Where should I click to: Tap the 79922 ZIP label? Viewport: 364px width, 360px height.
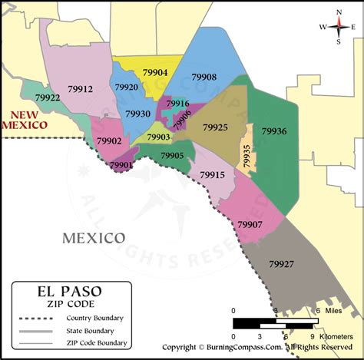point(48,98)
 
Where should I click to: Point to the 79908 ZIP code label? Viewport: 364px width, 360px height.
point(204,78)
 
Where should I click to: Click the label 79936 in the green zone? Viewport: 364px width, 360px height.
point(274,131)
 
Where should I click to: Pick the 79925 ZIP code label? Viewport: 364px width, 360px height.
point(215,127)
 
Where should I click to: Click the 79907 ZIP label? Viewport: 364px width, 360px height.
point(250,224)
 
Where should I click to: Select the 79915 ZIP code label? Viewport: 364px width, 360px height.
point(211,175)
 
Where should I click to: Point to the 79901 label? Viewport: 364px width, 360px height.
point(121,164)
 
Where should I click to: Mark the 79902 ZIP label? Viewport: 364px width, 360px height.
point(109,141)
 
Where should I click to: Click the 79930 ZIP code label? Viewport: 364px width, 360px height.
point(138,114)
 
